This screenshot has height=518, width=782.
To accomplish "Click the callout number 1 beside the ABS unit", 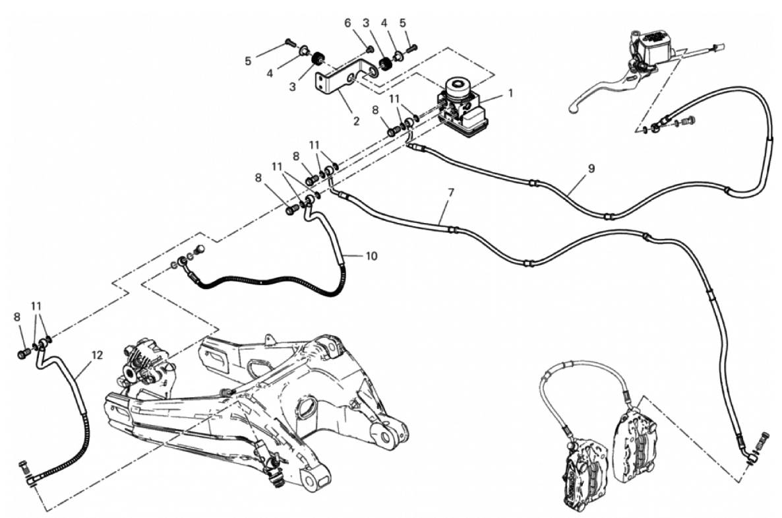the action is click(510, 93).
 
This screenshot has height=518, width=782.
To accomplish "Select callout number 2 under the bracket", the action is click(356, 121).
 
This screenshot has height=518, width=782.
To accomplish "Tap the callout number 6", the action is click(347, 23).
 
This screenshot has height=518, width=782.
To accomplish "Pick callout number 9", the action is click(591, 169).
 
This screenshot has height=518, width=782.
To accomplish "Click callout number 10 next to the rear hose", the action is click(372, 256).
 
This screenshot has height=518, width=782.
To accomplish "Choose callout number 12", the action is click(97, 355).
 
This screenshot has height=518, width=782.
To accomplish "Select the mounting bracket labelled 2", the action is click(344, 79).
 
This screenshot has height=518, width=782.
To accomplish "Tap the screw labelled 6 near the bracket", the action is click(369, 49).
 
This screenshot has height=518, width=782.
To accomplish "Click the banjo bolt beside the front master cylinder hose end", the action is click(689, 120).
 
